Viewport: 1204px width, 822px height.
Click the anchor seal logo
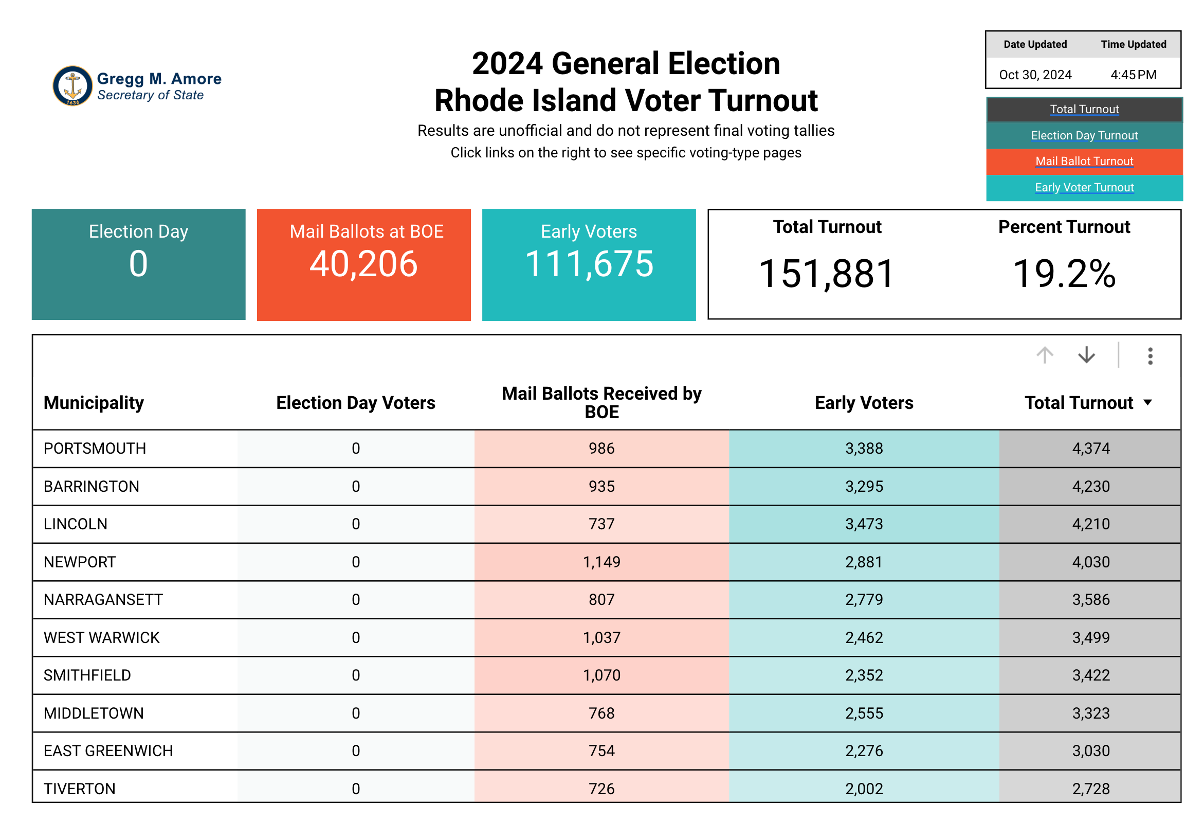[72, 85]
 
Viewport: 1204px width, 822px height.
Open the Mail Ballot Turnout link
[1084, 161]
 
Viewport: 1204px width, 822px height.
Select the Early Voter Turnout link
[1084, 187]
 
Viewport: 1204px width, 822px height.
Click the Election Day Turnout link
[1084, 135]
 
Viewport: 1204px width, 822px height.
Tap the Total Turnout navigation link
[1084, 110]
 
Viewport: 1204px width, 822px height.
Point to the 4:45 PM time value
[1133, 75]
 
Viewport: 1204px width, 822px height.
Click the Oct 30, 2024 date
[1034, 75]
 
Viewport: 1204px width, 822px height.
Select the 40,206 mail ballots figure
[363, 264]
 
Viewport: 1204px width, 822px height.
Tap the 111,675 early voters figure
[589, 264]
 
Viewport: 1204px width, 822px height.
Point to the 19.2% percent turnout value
[1064, 274]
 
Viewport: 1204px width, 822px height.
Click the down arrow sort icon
[1086, 355]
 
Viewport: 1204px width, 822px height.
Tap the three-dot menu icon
[1150, 356]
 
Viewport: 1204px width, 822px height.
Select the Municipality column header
[94, 403]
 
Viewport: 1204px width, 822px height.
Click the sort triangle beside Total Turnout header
[1147, 403]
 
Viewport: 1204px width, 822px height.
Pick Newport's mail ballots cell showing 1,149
[601, 562]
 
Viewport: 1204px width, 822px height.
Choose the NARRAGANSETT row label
[103, 600]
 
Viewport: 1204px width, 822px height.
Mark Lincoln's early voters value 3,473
[864, 524]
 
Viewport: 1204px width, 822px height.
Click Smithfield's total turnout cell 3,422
[1090, 675]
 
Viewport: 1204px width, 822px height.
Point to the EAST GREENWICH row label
[108, 751]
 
